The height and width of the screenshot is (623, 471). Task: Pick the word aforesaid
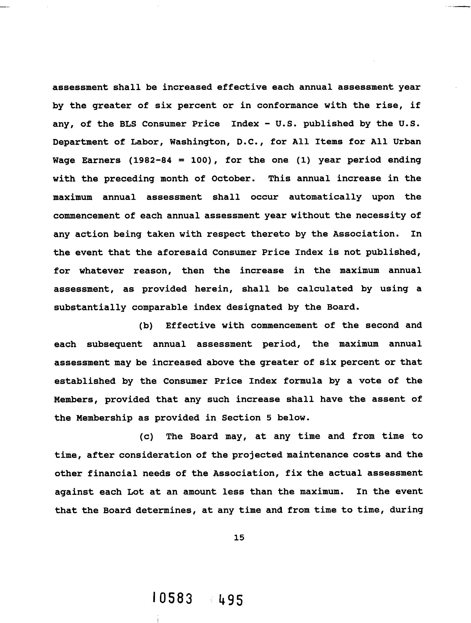[x=182, y=252]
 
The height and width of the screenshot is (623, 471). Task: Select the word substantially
[x=90, y=307]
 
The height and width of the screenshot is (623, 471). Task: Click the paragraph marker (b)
[x=146, y=326]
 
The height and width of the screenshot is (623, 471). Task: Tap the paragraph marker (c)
[x=146, y=436]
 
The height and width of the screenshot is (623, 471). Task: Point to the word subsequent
[x=114, y=344]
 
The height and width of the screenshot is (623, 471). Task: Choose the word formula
[x=302, y=381]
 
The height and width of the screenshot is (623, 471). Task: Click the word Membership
[x=104, y=418]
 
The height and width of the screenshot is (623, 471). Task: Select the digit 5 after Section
[x=269, y=418]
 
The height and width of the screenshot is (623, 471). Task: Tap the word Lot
[x=135, y=492]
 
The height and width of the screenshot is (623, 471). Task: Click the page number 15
[x=239, y=538]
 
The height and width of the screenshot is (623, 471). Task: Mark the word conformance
[x=287, y=106]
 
